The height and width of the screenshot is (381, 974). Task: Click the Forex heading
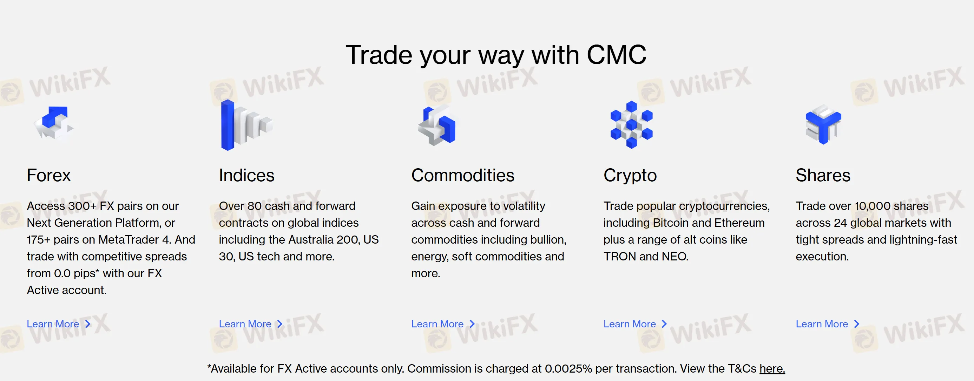pyautogui.click(x=49, y=176)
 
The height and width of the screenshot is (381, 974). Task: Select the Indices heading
pyautogui.click(x=246, y=176)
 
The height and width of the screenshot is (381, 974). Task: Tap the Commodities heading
pyautogui.click(x=463, y=176)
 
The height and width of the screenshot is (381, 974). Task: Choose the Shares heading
pyautogui.click(x=823, y=176)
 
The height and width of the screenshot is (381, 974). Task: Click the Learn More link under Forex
pyautogui.click(x=59, y=324)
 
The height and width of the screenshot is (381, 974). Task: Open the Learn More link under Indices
pyautogui.click(x=251, y=324)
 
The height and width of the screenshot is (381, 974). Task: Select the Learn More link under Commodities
pyautogui.click(x=443, y=324)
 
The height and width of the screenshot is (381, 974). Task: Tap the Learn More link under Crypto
pyautogui.click(x=635, y=324)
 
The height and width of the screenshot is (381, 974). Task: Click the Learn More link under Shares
pyautogui.click(x=828, y=324)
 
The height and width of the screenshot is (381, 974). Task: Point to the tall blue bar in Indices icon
pyautogui.click(x=228, y=125)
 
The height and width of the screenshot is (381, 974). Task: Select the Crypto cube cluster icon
pyautogui.click(x=631, y=125)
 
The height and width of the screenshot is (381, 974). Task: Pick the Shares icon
pyautogui.click(x=823, y=125)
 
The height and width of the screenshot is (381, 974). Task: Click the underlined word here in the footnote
pyautogui.click(x=772, y=368)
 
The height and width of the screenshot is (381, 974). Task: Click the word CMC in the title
pyautogui.click(x=616, y=55)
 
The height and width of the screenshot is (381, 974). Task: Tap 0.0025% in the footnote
pyautogui.click(x=568, y=368)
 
